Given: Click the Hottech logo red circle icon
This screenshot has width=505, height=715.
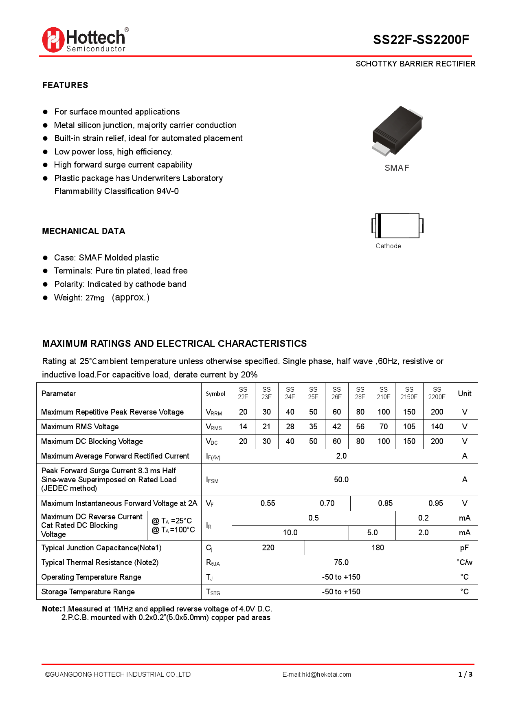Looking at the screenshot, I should pyautogui.click(x=53, y=40).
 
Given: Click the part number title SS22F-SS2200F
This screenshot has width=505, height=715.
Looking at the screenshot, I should pyautogui.click(x=421, y=40).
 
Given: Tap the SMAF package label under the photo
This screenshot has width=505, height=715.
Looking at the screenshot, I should pyautogui.click(x=397, y=168).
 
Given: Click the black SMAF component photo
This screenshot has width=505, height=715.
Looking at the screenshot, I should pyautogui.click(x=397, y=130).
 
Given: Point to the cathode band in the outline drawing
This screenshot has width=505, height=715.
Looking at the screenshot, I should pyautogui.click(x=378, y=225).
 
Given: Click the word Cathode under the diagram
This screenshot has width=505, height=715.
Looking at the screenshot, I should pyautogui.click(x=388, y=246).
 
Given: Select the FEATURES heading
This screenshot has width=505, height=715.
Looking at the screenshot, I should pyautogui.click(x=65, y=85).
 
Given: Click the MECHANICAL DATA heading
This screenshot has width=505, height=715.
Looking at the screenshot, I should pyautogui.click(x=83, y=231).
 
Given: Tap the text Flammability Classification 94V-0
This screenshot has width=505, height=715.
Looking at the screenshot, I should pyautogui.click(x=116, y=191).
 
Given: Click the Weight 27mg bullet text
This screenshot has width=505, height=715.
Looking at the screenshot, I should pyautogui.click(x=101, y=298).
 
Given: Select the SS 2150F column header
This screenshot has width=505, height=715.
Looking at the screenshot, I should pyautogui.click(x=409, y=393).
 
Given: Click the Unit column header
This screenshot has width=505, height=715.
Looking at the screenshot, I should pyautogui.click(x=464, y=393).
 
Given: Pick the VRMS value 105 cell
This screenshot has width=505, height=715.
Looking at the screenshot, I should pyautogui.click(x=409, y=427).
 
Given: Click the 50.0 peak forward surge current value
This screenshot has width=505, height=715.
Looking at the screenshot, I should pyautogui.click(x=341, y=480).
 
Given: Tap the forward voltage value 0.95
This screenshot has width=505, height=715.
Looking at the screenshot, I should pyautogui.click(x=435, y=503).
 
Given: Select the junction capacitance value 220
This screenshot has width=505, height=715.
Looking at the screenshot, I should pyautogui.click(x=268, y=548).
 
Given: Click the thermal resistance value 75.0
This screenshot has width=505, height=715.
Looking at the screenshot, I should pyautogui.click(x=341, y=563).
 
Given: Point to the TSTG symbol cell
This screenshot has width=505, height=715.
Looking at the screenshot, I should pyautogui.click(x=213, y=592).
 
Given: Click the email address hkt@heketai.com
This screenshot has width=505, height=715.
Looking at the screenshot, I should pyautogui.click(x=326, y=675).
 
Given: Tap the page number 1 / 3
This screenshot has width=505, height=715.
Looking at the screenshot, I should pyautogui.click(x=465, y=675).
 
